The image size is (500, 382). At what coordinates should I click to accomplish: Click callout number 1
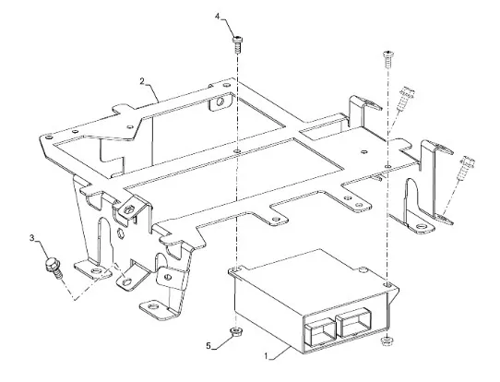267,356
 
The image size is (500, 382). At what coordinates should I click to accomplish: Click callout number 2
142,81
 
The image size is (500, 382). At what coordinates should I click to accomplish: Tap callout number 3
32,238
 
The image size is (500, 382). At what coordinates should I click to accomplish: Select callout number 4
218,17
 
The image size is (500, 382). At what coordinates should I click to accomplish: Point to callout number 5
208,346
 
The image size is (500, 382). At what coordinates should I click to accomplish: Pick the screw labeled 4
237,44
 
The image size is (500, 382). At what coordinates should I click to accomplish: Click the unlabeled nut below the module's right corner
387,340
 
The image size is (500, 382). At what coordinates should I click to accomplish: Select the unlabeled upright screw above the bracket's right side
387,59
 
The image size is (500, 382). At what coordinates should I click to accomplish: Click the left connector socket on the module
320,332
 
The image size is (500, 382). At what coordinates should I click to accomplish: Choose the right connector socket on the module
354,323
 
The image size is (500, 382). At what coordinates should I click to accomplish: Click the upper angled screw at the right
406,98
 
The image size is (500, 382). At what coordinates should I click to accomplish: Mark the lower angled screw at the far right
466,167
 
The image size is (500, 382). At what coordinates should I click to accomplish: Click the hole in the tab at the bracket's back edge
220,102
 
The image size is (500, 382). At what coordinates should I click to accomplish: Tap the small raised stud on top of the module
363,270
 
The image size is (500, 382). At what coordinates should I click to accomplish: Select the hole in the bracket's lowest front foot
153,306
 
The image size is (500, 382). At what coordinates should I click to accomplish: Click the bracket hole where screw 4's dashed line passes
237,149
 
